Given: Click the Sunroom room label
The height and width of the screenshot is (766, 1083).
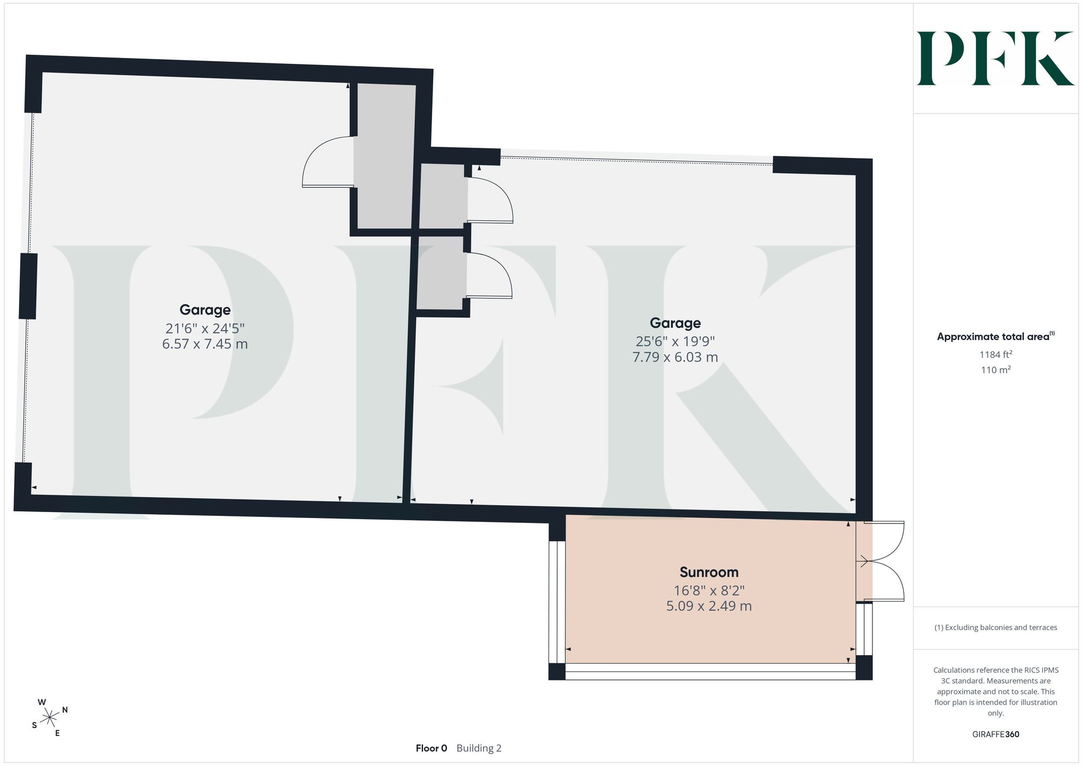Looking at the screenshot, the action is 709,572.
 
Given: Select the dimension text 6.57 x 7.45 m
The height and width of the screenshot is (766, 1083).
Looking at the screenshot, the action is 205,344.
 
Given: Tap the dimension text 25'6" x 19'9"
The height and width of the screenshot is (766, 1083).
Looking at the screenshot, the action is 675,342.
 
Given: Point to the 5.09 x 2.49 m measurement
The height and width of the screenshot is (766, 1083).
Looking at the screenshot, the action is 709,606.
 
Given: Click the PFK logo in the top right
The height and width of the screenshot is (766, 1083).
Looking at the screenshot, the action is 995,58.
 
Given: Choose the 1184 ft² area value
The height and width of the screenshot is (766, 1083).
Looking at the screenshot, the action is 996,355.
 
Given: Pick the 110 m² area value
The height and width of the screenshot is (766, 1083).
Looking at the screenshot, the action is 996,370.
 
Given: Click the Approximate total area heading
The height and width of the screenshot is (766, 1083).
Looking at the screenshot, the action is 996,336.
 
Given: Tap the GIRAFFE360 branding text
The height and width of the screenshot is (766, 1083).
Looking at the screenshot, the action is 996,735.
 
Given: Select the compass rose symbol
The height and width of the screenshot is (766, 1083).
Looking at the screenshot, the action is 50,718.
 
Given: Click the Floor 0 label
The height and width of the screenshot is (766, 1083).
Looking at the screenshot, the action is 432,748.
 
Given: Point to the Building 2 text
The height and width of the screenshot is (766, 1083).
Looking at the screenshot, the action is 479,748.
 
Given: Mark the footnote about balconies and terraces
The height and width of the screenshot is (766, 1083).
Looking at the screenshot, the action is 996,627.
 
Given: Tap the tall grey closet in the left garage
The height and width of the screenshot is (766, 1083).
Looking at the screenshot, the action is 385,156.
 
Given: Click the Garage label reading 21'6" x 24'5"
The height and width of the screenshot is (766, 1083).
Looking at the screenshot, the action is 205,310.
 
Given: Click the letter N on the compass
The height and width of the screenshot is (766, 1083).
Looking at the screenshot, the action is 65,710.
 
